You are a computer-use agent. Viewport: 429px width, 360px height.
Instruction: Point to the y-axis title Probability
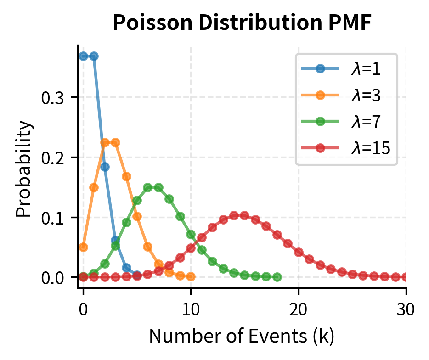point(25,169)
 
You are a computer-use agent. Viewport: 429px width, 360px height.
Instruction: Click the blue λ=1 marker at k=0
point(83,56)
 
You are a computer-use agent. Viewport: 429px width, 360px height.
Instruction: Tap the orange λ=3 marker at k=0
point(83,247)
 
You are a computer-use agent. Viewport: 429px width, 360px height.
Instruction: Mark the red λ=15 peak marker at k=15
point(245,216)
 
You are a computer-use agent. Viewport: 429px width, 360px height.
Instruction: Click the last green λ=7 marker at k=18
point(277,277)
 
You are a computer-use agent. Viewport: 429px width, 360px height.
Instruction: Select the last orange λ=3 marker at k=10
point(191,276)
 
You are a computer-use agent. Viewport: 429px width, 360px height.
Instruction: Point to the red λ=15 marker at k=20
point(299,252)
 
